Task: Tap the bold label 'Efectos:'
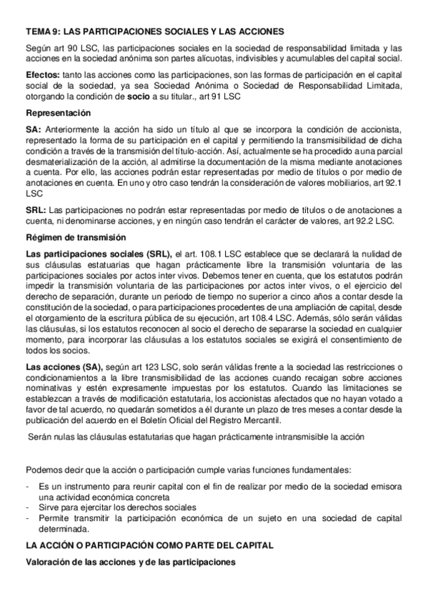click(42, 74)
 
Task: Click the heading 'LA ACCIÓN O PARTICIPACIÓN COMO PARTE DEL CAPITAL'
click(149, 545)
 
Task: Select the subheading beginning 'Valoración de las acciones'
click(130, 562)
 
